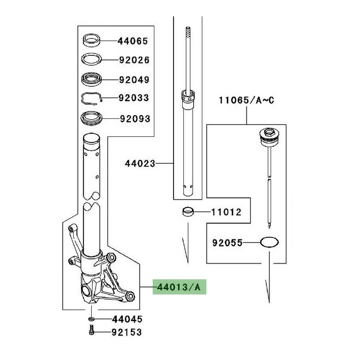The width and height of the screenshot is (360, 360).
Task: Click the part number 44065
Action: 133,41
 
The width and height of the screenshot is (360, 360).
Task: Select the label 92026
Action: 134,60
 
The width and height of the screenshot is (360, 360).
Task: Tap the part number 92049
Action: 134,80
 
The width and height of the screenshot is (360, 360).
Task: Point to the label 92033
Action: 134,98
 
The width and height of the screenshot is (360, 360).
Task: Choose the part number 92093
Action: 135,119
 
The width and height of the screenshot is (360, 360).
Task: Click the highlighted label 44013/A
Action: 179,287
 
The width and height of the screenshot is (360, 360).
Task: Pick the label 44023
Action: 140,164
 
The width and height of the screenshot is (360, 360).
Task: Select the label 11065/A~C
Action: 247,100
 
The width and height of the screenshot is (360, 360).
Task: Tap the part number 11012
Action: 226,212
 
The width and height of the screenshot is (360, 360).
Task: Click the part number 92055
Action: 227,243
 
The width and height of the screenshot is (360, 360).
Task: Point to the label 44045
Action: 128,319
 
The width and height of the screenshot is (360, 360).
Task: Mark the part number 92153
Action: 127,332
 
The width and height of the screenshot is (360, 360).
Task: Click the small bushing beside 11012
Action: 188,212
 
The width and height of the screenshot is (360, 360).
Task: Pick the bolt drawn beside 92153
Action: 92,330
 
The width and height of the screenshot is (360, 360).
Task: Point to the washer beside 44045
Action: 91,319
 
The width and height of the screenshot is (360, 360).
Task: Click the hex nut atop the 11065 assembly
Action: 269,133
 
